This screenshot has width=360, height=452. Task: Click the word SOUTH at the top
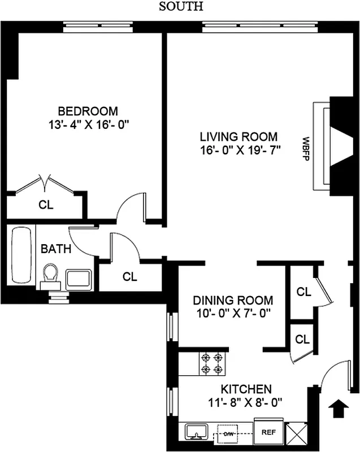pos(180,7)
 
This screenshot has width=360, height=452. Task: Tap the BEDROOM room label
pos(88,111)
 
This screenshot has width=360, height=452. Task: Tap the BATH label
pos(56,249)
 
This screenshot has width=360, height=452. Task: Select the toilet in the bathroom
pos(51,276)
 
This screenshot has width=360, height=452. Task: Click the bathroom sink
pos(79,279)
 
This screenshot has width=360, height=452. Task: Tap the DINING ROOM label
pos(232,301)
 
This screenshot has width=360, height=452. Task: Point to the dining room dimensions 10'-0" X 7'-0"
pos(232,314)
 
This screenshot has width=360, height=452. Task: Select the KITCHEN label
pos(245,389)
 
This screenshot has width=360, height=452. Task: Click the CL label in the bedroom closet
pos(46,205)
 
